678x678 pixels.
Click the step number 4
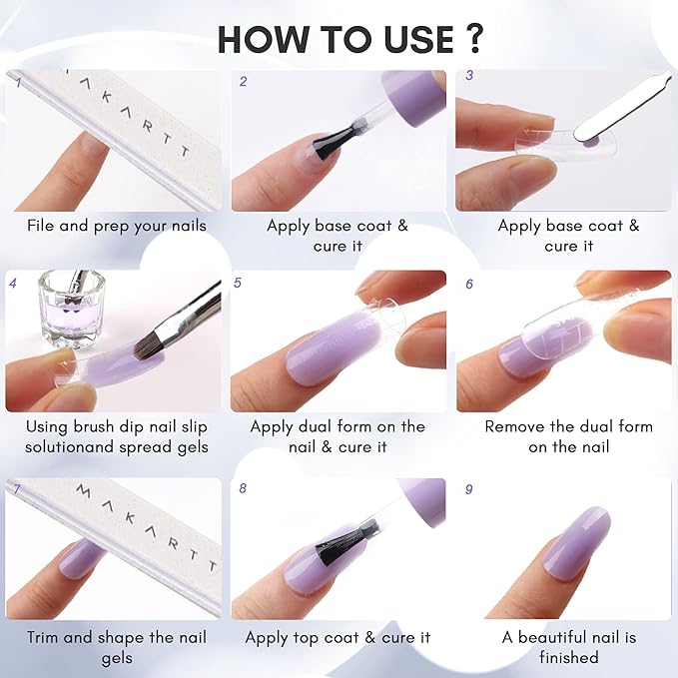tap(13, 284)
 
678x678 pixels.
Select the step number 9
tap(468, 489)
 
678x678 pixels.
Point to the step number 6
tap(468, 284)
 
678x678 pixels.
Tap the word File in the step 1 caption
tap(43, 226)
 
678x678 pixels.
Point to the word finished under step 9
tap(568, 657)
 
